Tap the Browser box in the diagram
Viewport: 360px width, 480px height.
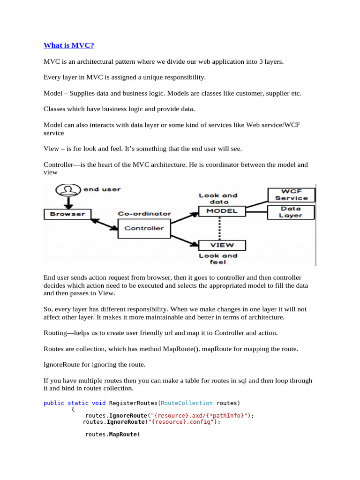tap(68, 214)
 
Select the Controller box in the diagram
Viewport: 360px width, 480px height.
tap(144, 228)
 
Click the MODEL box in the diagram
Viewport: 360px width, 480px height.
tap(222, 211)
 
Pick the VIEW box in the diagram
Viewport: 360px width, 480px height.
tap(222, 245)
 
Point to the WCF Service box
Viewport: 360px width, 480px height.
tap(291, 195)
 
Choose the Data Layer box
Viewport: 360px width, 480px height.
tap(291, 212)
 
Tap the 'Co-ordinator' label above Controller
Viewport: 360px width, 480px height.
tap(144, 214)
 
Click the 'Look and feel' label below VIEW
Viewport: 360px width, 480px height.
tap(218, 259)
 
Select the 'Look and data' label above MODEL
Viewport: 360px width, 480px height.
tap(218, 198)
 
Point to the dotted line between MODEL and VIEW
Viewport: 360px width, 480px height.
tap(220, 228)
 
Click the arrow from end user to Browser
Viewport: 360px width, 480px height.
tap(68, 202)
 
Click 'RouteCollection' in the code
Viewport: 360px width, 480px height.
tap(187, 403)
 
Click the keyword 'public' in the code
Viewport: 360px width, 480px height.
tap(53, 403)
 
